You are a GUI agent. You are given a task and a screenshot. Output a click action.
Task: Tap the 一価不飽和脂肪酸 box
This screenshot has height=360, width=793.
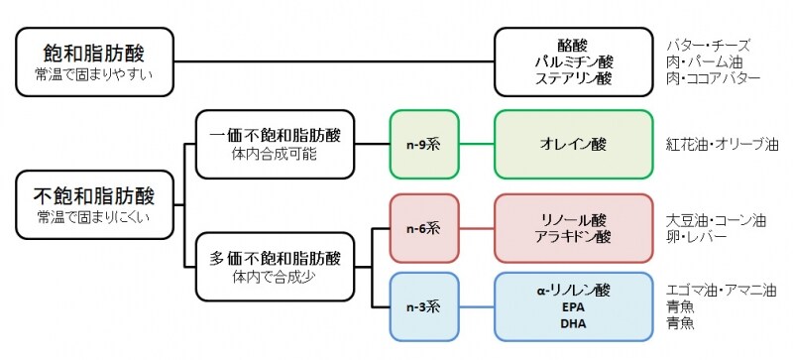tap(275, 143)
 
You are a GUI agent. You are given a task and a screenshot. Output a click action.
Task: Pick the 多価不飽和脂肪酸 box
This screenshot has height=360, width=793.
tap(275, 267)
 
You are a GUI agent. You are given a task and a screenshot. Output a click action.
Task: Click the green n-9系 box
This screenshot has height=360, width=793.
tap(422, 143)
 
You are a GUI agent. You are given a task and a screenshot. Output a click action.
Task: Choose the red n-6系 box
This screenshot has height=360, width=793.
tap(422, 227)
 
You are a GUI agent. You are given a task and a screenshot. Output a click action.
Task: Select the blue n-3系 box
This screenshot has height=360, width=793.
tap(422, 305)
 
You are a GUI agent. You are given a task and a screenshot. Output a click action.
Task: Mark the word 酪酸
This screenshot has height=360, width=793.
tap(572, 45)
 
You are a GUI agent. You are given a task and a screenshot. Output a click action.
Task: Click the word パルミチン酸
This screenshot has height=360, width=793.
tap(572, 61)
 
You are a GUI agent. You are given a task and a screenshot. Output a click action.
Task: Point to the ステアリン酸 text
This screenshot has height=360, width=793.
tap(572, 78)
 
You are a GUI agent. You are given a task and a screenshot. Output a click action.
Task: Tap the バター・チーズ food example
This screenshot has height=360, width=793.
tap(709, 45)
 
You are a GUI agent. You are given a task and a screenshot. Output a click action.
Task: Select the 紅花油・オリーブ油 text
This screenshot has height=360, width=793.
tap(722, 144)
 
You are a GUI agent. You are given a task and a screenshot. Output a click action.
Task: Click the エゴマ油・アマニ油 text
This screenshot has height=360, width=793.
tap(722, 290)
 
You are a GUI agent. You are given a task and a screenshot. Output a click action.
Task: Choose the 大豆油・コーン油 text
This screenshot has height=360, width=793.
tap(716, 219)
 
